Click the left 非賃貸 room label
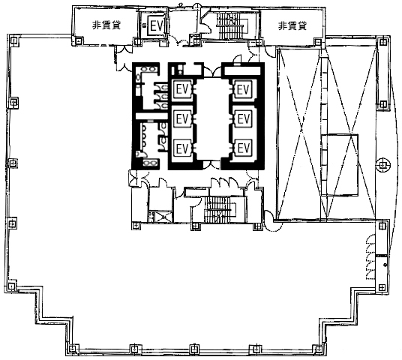[106, 25]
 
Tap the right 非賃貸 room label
[292, 26]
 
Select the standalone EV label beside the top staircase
[157, 26]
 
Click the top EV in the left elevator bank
[182, 89]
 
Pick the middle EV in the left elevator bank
[182, 118]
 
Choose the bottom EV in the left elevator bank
[182, 148]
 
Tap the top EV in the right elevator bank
[243, 89]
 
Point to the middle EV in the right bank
[243, 118]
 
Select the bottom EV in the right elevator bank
[243, 148]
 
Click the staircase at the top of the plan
[232, 26]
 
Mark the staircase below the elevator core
[220, 209]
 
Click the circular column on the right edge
[383, 165]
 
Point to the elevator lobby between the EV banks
[212, 119]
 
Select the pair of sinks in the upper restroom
[149, 69]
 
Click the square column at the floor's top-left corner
[13, 40]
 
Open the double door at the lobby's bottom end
[211, 165]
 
